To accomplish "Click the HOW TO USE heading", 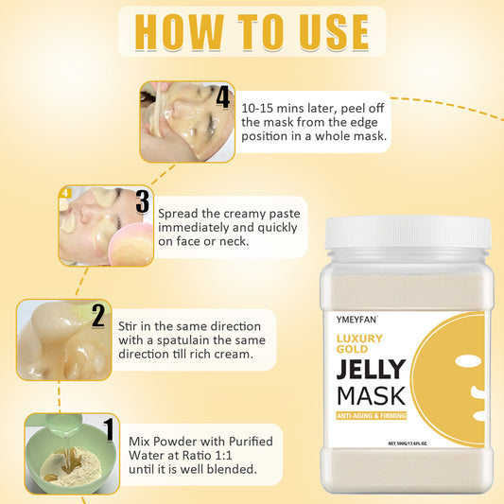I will click(x=252, y=32).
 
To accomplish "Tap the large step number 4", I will click(x=223, y=96).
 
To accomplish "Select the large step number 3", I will click(x=142, y=201).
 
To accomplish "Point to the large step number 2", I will click(x=98, y=315).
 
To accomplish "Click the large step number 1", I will click(x=110, y=430).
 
